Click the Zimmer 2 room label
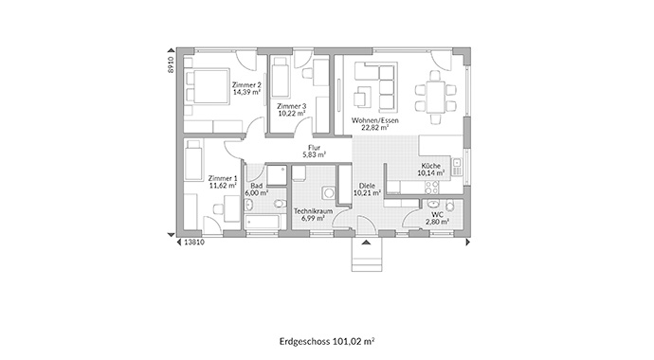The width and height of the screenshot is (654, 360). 246,85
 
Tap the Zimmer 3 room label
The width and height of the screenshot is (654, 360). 291,106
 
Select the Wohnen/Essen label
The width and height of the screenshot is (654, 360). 375,120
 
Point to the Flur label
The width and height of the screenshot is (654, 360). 314,148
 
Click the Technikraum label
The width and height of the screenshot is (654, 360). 313,211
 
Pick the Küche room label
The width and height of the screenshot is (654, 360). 431,166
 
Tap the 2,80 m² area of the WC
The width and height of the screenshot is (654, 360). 437,222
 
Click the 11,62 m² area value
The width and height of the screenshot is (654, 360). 223,186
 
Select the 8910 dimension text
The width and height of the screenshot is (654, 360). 171,65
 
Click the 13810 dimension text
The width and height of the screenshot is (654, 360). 194,243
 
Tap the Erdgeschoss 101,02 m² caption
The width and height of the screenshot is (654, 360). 327,342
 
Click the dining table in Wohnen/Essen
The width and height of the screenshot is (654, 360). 435,97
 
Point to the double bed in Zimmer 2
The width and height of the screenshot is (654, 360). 207,86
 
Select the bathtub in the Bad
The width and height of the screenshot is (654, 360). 263,223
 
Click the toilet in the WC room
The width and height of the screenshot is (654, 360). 449,206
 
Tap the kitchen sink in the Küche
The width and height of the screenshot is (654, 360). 457,167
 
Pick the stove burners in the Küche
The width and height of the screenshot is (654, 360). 431,189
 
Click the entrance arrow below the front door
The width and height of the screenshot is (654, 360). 366,243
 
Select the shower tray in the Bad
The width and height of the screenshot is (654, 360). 277,175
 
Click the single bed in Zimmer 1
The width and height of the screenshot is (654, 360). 193,160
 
